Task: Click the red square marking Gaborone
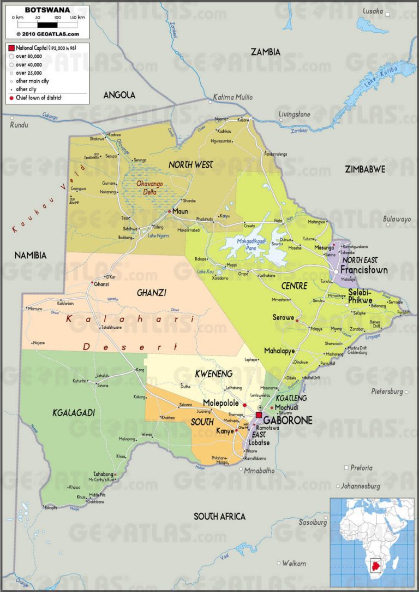pos(259,415)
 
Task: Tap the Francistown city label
pos(364,270)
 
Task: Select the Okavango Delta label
pos(147,188)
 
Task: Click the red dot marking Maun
pos(170,211)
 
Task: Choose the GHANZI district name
pos(152,293)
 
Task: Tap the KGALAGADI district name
pos(74,413)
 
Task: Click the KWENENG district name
pos(214,374)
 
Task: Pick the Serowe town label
pos(284,317)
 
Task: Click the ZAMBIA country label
pos(265,52)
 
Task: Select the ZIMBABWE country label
pos(365,169)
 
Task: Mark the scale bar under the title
pos(47,25)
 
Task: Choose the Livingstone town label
pos(294,115)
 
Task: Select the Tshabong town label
pos(103,474)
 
